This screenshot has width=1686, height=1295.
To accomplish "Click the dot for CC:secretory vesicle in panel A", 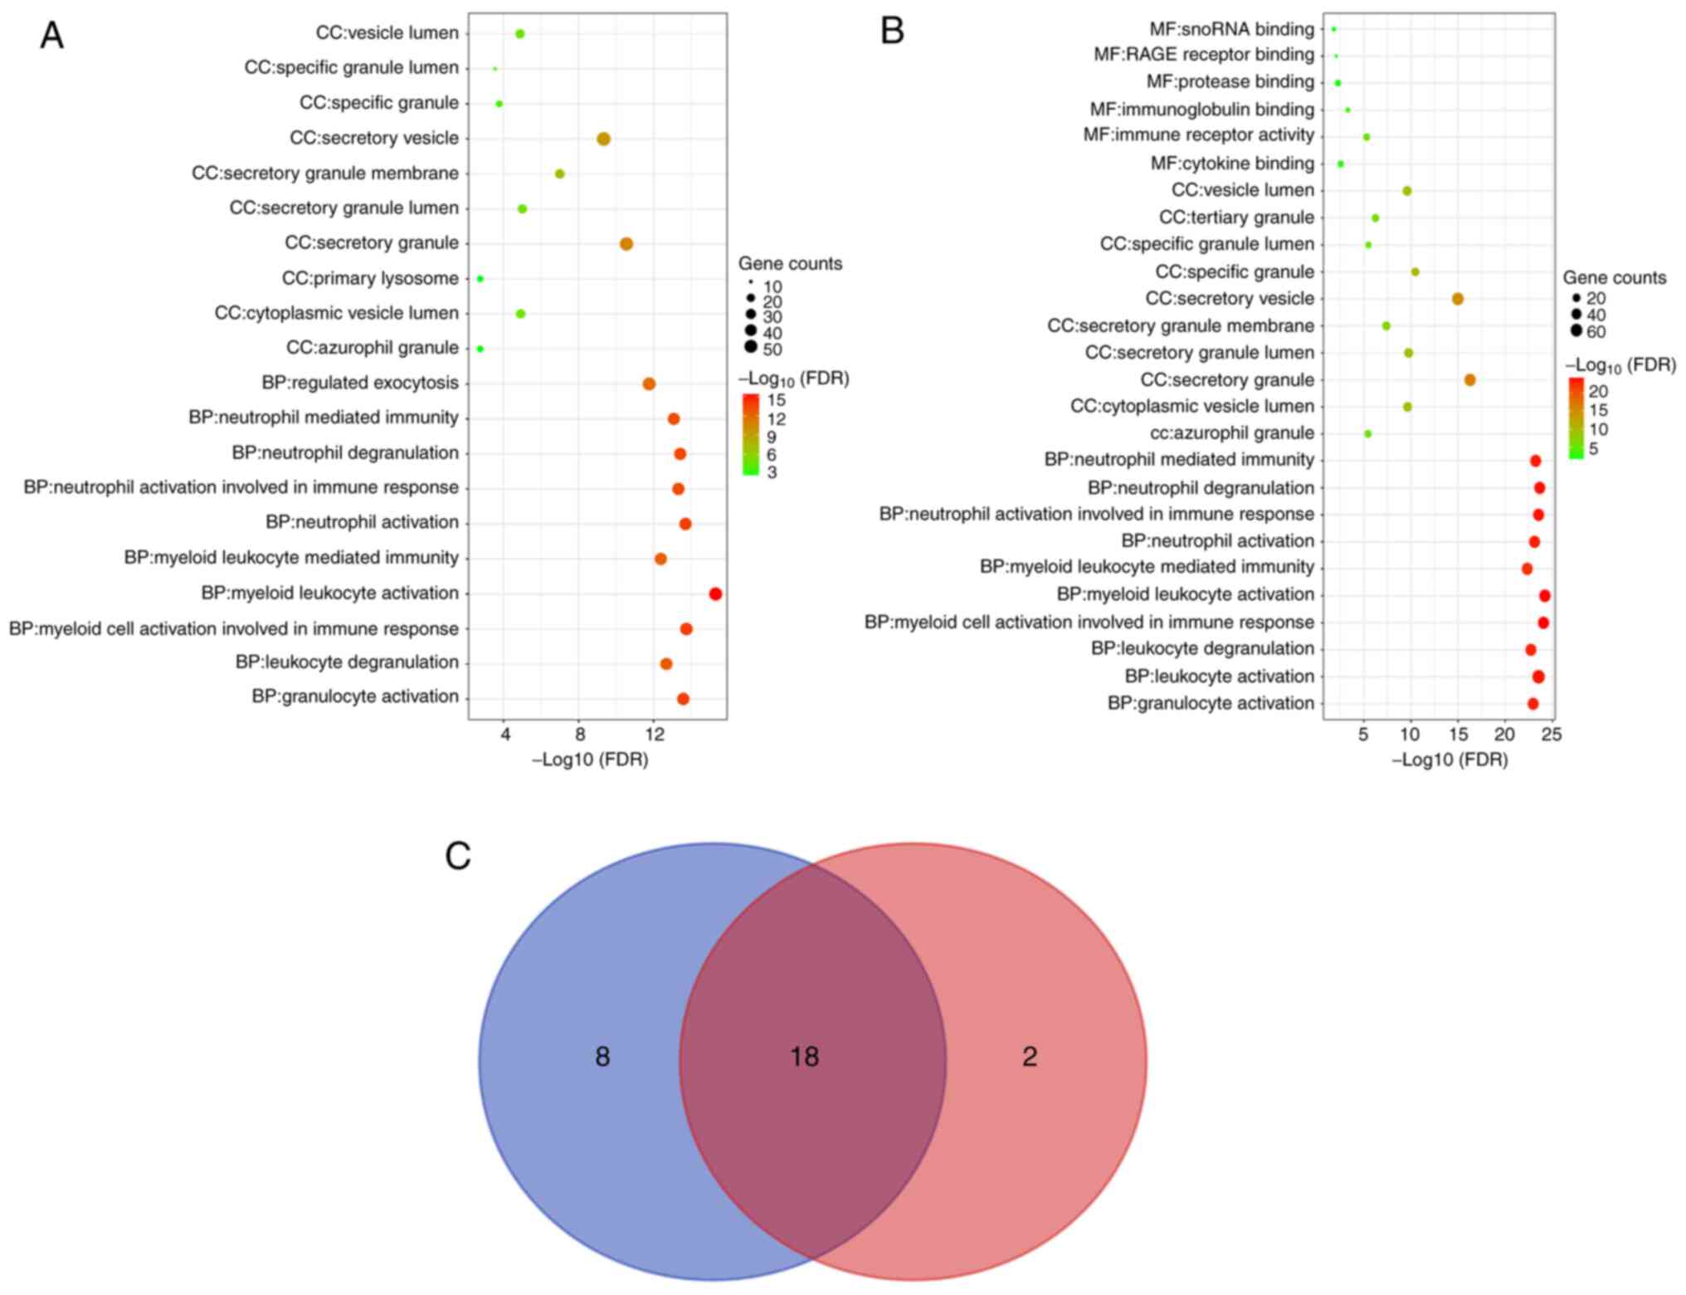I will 603,139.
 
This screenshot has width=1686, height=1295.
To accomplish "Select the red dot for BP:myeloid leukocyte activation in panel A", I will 715,594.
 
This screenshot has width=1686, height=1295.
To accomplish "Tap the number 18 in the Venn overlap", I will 804,1056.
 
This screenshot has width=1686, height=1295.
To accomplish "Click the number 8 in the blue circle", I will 602,1056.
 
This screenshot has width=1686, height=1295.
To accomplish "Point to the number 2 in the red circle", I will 1030,1056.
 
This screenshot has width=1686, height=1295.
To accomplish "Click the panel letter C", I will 458,857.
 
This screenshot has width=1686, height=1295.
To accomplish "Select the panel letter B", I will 892,32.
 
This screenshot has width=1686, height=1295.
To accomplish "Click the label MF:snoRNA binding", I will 1231,30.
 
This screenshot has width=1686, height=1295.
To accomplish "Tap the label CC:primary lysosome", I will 370,278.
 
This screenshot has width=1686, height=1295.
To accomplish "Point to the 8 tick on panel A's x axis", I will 580,734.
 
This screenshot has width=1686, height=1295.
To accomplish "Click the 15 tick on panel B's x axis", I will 1457,734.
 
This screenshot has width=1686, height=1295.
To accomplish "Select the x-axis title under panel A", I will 590,760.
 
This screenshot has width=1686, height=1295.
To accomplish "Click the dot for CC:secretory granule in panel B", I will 1469,380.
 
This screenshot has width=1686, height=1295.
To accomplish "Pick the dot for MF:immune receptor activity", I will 1367,137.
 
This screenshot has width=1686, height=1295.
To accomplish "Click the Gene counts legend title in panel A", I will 790,264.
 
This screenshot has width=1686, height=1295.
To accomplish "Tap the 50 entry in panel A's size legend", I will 772,349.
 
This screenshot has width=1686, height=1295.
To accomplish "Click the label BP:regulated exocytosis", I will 360,383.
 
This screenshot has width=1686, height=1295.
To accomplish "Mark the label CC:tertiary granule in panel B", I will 1236,217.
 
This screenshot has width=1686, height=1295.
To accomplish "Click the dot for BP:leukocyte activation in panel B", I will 1537,677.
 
